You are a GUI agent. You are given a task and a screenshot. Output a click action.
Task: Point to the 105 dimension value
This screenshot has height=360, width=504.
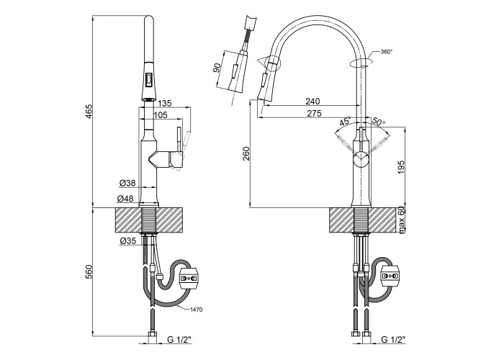pos(161,116)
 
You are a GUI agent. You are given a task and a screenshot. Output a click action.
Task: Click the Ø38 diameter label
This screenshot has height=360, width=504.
pos(127,183)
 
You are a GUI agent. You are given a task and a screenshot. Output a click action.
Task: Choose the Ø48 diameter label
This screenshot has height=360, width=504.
pos(127,198)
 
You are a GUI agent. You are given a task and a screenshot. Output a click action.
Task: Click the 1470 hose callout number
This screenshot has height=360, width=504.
pos(197,310)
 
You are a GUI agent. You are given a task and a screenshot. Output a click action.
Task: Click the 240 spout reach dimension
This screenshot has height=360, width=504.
pos(313,102)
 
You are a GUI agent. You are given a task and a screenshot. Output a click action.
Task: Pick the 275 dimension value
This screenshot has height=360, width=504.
pos(313,114)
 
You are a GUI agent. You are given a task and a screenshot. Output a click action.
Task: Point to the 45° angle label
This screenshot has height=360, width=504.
pos(345,122)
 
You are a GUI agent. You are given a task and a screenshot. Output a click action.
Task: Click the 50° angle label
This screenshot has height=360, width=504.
pos(379,122)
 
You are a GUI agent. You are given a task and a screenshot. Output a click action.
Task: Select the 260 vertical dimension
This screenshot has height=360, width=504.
pos(244,154)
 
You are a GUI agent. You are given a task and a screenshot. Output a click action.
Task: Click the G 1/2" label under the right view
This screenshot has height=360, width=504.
pos(392,339)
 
